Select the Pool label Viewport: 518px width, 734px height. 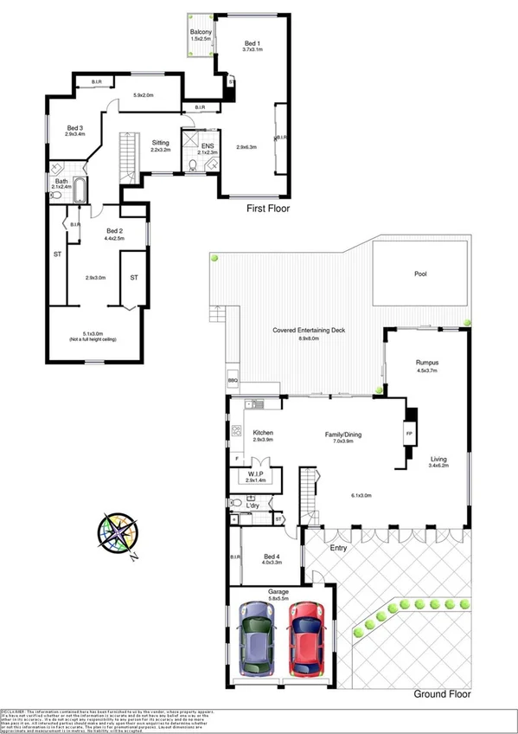420,274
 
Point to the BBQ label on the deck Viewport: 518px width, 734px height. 233,380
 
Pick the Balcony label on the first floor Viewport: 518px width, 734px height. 201,33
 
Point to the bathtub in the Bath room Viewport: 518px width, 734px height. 80,190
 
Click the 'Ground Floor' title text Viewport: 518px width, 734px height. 442,694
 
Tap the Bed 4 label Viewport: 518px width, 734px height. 272,556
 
